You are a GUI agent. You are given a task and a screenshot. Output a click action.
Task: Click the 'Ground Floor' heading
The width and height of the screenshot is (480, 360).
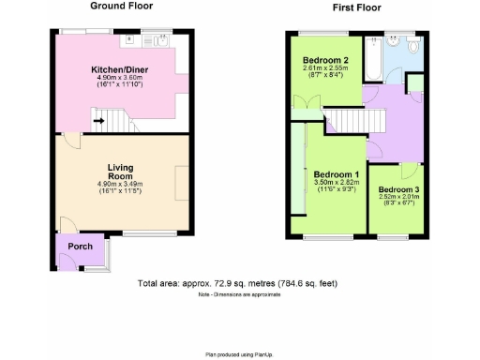(x=120, y=6)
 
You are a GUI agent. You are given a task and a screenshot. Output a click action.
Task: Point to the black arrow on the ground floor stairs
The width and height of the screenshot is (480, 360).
(x=97, y=120)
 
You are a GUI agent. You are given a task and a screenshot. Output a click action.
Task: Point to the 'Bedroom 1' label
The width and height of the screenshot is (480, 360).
(x=336, y=175)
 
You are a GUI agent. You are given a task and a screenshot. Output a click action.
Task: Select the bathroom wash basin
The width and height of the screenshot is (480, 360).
(x=389, y=42)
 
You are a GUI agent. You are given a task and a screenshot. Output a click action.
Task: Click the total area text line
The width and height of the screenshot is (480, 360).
(x=237, y=283)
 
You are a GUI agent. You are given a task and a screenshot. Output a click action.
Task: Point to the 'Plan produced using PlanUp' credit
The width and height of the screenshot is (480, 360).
(x=237, y=354)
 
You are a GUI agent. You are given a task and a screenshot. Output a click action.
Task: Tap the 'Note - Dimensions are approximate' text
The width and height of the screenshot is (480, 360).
(x=237, y=296)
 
